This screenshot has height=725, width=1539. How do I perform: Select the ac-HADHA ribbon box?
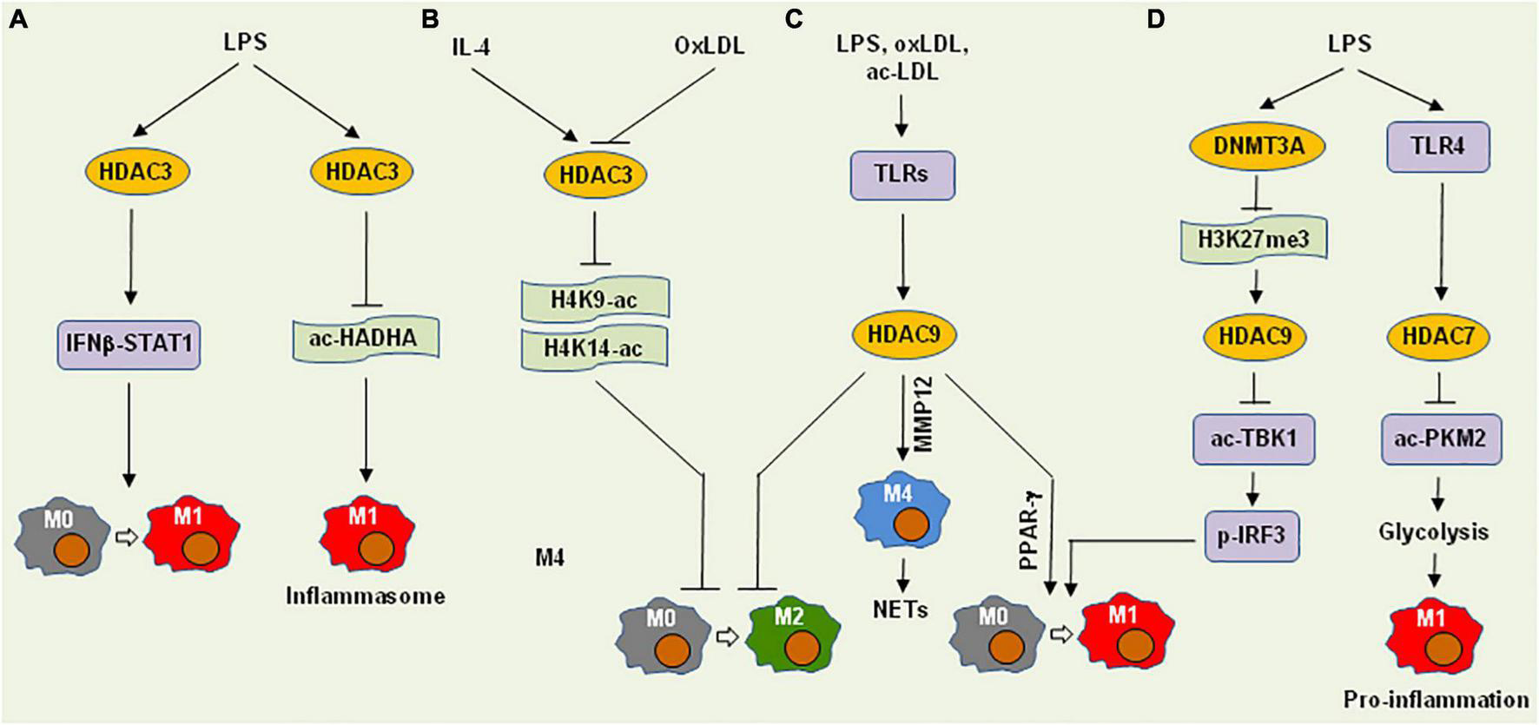363,338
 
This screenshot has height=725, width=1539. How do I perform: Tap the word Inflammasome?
366,596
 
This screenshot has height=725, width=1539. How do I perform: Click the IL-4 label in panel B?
472,46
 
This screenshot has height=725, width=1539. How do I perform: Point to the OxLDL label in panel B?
710,46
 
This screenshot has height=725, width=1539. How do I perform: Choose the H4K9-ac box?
594,300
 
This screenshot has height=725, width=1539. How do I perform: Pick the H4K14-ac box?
594,348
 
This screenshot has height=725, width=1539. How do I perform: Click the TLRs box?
902,175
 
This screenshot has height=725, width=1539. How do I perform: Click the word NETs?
901,610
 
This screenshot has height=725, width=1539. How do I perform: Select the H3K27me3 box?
1254,238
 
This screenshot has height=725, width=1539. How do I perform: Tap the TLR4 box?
1438,146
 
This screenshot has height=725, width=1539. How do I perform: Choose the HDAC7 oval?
1438,335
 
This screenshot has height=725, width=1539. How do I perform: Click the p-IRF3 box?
1252,536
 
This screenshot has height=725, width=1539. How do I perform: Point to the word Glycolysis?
1433,531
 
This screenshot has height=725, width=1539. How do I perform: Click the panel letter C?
793,19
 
